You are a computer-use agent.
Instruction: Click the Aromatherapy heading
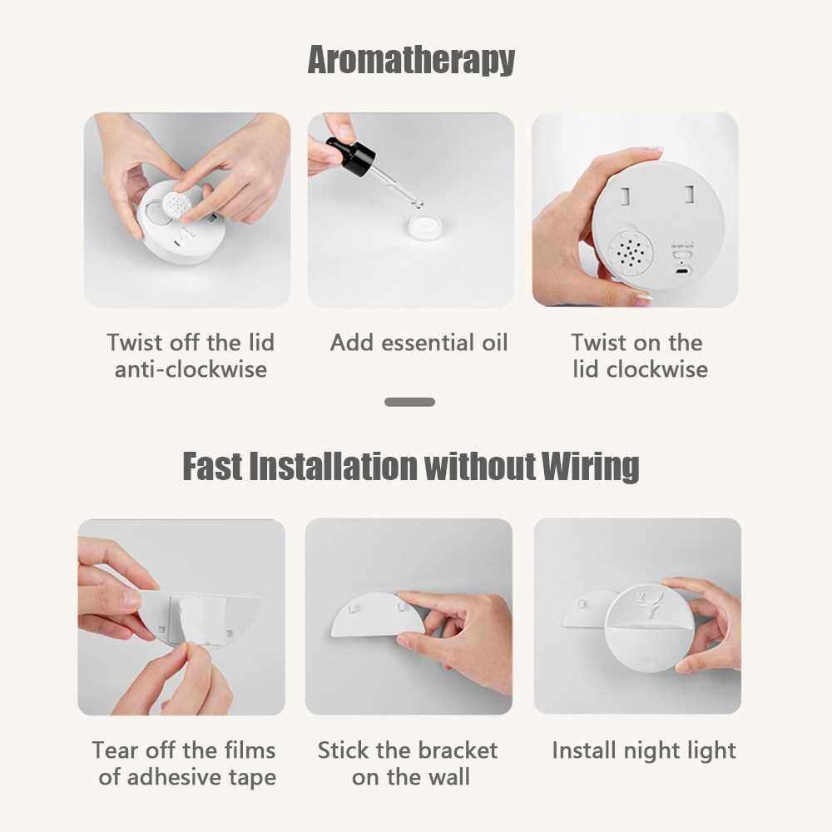pos(411,59)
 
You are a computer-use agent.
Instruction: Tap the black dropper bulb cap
pos(351,152)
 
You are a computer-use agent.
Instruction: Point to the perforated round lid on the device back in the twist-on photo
pos(631,253)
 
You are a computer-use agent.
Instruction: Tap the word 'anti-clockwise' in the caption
pos(191,369)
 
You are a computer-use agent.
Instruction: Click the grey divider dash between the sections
pos(409,402)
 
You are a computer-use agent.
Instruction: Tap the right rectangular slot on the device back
pos(689,194)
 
